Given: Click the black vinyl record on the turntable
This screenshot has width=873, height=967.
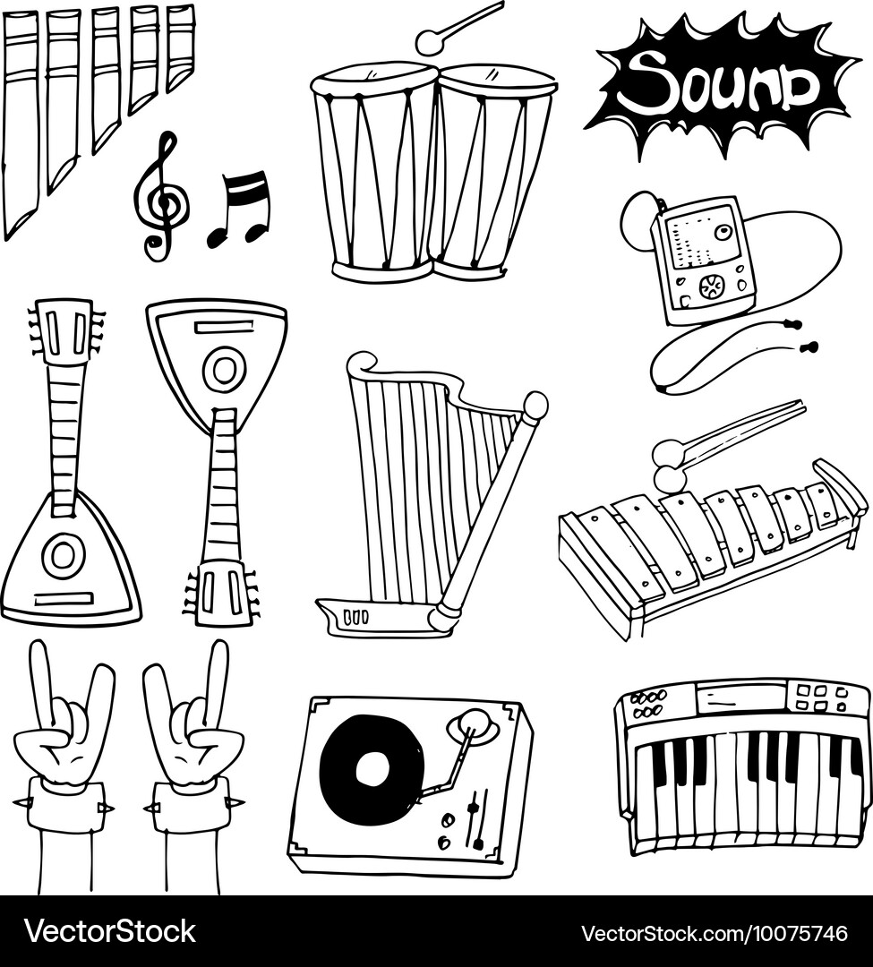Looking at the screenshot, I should click(x=372, y=769).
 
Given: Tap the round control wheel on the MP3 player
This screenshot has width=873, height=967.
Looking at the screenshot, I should click(x=712, y=288).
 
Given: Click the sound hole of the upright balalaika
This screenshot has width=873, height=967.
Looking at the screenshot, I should click(x=64, y=555).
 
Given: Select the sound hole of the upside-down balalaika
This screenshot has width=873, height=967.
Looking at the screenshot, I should click(x=224, y=368).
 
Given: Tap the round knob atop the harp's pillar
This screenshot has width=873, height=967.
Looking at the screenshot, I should click(x=535, y=405).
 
